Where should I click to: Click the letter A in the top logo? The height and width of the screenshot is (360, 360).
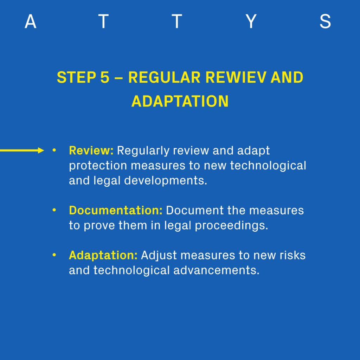tap(31, 21)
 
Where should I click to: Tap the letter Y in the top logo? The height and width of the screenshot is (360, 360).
tap(251, 21)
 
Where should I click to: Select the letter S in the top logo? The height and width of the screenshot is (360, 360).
tap(325, 21)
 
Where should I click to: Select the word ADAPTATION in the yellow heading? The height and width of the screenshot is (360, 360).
tap(180, 101)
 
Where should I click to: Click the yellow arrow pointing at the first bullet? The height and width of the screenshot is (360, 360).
tap(22, 150)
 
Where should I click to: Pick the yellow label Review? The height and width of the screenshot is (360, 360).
tap(91, 150)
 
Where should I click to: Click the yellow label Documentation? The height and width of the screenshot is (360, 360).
tap(116, 210)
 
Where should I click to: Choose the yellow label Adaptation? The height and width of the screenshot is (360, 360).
tap(103, 256)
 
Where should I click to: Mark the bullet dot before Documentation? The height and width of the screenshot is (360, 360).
tap(54, 210)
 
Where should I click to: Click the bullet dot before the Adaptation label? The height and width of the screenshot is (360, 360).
tap(54, 255)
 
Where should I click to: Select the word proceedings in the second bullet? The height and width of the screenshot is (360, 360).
tap(231, 226)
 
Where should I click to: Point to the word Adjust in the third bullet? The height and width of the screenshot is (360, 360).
tap(159, 256)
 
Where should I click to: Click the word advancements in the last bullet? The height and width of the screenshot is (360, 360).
tap(216, 270)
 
